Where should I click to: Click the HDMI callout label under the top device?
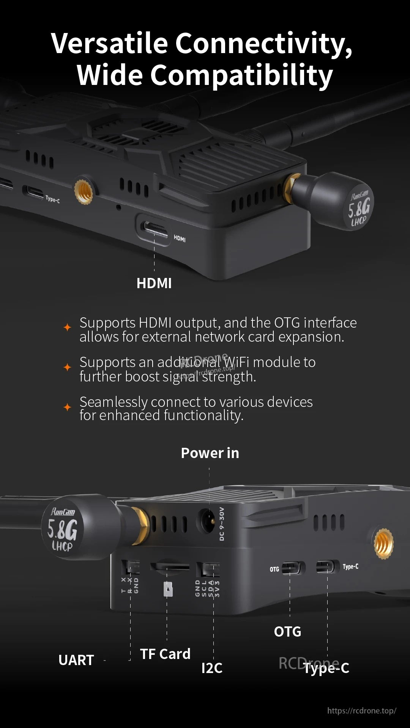tap(154, 283)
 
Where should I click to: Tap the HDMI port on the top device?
tap(154, 228)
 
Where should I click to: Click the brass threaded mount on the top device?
tap(84, 191)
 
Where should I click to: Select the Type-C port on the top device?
tap(33, 191)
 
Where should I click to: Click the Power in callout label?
tap(210, 453)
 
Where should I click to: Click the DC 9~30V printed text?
tap(222, 524)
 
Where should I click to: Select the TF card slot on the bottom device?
tap(169, 566)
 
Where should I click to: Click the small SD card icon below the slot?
tap(168, 589)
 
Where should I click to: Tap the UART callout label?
tap(76, 660)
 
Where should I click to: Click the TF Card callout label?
tap(165, 654)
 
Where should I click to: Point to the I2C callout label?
tap(212, 668)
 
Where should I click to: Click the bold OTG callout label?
tap(287, 632)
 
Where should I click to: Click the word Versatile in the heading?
tap(109, 43)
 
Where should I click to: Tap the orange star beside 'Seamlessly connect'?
tap(68, 407)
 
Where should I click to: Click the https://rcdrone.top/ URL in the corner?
tap(361, 711)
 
